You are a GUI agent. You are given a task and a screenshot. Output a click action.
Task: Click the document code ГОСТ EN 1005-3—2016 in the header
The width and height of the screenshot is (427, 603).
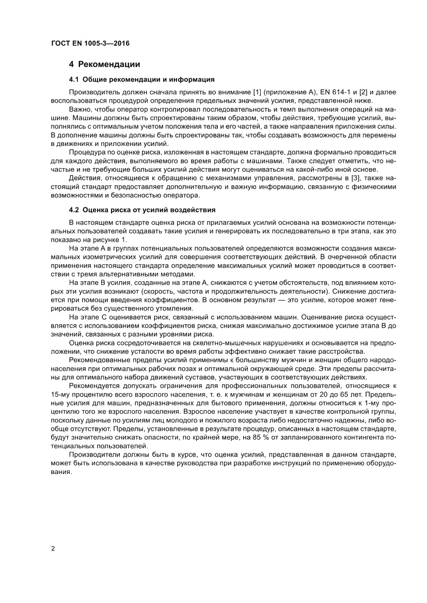click(x=90, y=44)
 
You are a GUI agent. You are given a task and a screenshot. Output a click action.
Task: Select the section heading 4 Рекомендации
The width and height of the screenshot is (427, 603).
click(x=105, y=64)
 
